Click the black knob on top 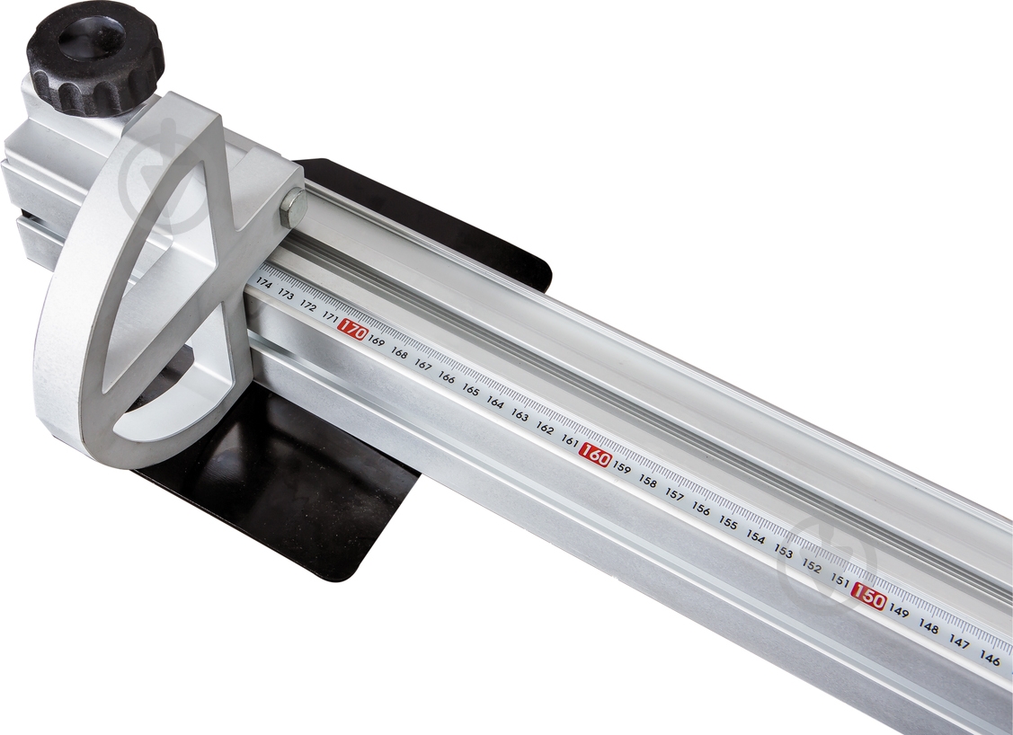93,56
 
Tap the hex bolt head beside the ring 293,208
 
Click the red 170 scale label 352,332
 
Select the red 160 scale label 594,456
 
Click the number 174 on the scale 263,282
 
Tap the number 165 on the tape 470,390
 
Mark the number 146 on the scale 990,660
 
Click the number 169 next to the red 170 376,341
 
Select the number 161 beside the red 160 569,441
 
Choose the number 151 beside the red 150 840,580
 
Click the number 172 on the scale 307,306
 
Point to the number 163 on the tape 520,415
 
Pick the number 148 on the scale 929,627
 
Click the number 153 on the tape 783,552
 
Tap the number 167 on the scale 422,366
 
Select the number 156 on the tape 701,509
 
